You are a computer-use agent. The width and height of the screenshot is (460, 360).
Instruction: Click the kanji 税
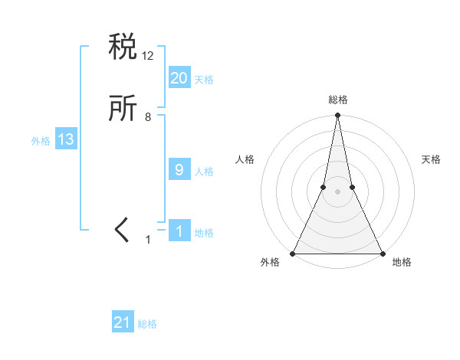[x=123, y=48]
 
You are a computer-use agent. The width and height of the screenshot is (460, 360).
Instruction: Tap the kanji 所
[x=123, y=109]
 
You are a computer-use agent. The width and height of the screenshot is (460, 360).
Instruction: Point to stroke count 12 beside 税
[x=149, y=55]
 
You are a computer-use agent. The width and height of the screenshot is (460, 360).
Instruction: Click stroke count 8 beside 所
[x=148, y=117]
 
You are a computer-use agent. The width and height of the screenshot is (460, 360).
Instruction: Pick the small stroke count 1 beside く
[x=149, y=240]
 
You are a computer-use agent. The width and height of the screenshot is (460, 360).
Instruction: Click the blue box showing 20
[x=179, y=78]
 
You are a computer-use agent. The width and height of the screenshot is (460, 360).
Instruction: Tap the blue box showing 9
[x=179, y=170]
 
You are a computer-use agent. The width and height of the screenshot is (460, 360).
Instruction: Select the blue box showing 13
[x=65, y=139]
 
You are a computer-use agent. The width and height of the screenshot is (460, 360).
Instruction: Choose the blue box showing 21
[x=123, y=322]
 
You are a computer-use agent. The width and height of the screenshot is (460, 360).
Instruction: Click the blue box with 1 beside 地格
[x=179, y=232]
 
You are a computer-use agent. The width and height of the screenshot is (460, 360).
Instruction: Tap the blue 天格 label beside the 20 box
[x=204, y=80]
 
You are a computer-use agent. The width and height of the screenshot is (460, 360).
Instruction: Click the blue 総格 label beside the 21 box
[x=147, y=324]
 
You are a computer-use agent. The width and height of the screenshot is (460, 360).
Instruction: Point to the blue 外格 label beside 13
[x=41, y=141]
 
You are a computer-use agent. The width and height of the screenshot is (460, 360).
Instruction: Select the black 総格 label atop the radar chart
[x=338, y=100]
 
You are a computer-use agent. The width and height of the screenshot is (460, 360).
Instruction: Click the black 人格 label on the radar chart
[x=245, y=159]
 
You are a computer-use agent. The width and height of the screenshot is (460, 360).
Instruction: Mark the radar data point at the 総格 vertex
[x=337, y=116]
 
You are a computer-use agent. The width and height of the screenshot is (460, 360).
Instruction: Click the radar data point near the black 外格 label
[x=293, y=254]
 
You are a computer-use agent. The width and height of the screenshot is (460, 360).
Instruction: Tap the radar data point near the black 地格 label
[x=382, y=254]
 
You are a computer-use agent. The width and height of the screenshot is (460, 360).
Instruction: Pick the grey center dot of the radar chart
[x=337, y=191]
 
